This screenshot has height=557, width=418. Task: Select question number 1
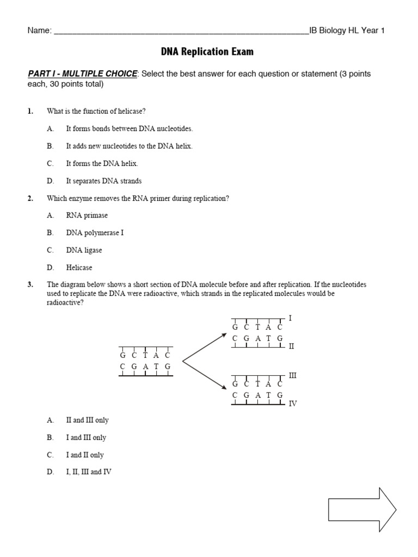[x=30, y=112]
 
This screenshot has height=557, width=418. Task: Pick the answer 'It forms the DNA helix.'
[x=102, y=164]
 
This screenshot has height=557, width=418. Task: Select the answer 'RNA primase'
[x=87, y=215]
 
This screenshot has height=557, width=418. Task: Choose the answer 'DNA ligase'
[x=84, y=250]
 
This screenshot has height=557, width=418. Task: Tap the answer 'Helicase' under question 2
[x=79, y=268]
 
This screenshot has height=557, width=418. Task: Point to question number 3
[x=30, y=284]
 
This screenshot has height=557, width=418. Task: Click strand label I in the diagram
[x=290, y=317]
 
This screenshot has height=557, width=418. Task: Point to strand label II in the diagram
[x=291, y=346]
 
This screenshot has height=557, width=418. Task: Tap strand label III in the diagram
[x=292, y=375]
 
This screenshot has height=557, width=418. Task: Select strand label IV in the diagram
[x=292, y=404]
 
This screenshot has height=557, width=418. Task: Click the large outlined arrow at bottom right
[x=362, y=510]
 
